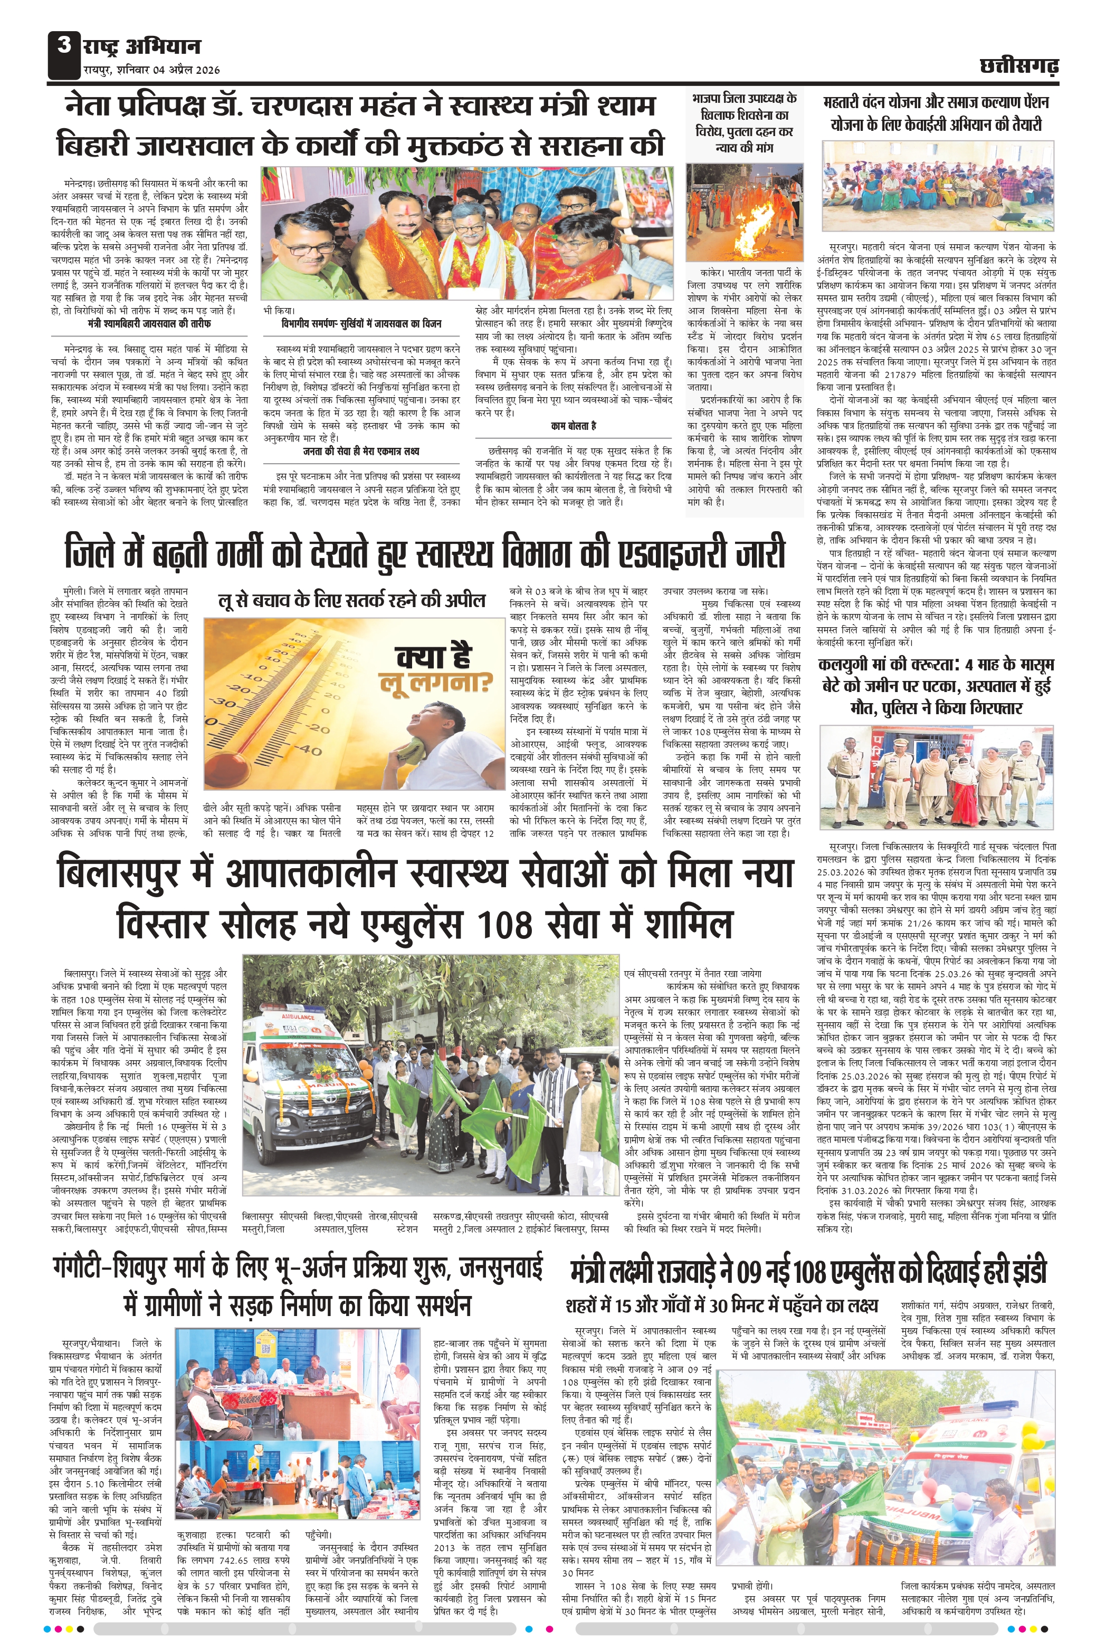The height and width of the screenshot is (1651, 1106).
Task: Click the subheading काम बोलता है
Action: click(x=574, y=426)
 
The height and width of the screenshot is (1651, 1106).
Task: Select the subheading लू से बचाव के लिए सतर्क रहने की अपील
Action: click(x=351, y=600)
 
